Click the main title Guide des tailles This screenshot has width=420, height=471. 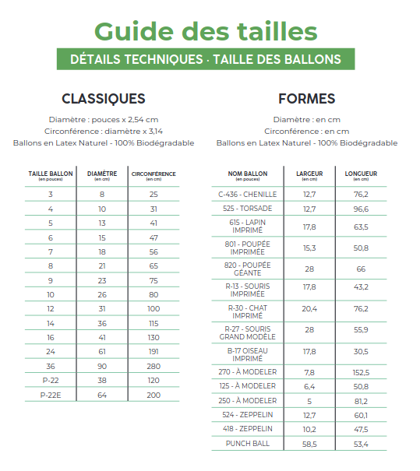point(206,31)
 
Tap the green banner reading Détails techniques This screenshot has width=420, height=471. point(206,59)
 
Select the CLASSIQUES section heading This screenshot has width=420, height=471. point(103,99)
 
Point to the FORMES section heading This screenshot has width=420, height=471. point(306,99)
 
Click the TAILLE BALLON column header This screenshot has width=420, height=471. point(51,175)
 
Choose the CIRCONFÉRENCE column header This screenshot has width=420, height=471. point(154,175)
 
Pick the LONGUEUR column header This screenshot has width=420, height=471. point(361,175)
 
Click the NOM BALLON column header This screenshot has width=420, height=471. point(249,175)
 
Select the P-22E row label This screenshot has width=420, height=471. point(51,395)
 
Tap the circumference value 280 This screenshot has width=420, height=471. point(154,366)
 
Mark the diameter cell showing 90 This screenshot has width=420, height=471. point(102,366)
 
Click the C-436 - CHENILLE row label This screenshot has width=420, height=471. point(249,194)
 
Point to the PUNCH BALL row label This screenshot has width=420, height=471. point(249,443)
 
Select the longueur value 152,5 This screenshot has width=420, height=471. point(361,372)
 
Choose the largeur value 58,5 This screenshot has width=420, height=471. point(309,443)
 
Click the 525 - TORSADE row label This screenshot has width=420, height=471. point(249,209)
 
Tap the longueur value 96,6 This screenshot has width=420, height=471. point(361,209)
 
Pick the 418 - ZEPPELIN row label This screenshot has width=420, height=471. point(249,429)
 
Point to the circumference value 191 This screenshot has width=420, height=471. point(154,352)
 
